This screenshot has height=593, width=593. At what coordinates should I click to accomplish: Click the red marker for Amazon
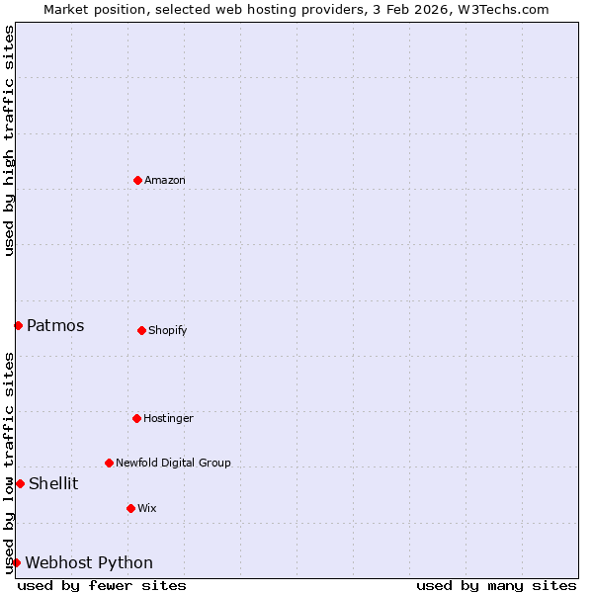tap(137, 180)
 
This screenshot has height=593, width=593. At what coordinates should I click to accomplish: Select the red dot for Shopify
tap(141, 330)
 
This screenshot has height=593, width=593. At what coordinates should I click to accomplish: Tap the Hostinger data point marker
tap(136, 418)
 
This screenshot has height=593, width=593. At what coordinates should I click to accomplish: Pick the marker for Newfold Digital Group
tap(109, 463)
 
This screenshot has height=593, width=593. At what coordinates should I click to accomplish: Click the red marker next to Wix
tap(130, 508)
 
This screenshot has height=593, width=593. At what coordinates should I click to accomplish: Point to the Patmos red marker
tap(18, 325)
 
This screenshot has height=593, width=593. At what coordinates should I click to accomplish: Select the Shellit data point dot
tap(20, 483)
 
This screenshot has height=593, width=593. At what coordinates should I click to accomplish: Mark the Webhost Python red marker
tap(16, 562)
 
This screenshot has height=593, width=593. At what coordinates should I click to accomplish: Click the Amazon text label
tap(165, 180)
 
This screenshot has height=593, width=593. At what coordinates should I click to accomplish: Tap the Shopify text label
tap(168, 330)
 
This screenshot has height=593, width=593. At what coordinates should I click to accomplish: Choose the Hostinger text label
tap(168, 418)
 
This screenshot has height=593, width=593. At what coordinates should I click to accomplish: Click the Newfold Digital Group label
tap(173, 463)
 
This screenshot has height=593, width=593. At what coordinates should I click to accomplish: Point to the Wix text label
tap(146, 508)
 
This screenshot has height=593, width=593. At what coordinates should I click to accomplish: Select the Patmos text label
tap(55, 325)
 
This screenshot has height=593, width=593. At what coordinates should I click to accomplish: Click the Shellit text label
tap(53, 483)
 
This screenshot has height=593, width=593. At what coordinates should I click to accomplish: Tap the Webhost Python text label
tap(89, 562)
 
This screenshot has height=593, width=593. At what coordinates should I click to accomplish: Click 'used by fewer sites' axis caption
tap(102, 585)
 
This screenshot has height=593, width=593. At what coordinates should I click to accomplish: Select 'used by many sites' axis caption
tap(496, 585)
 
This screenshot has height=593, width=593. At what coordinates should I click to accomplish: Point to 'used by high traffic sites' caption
tap(9, 140)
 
